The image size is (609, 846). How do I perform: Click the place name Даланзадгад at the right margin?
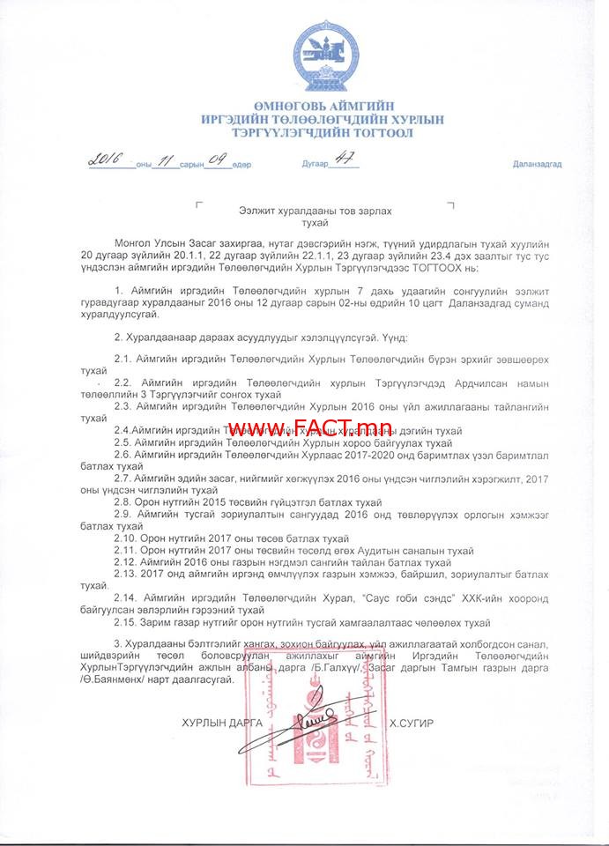537,165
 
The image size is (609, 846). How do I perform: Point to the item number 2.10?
128,538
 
